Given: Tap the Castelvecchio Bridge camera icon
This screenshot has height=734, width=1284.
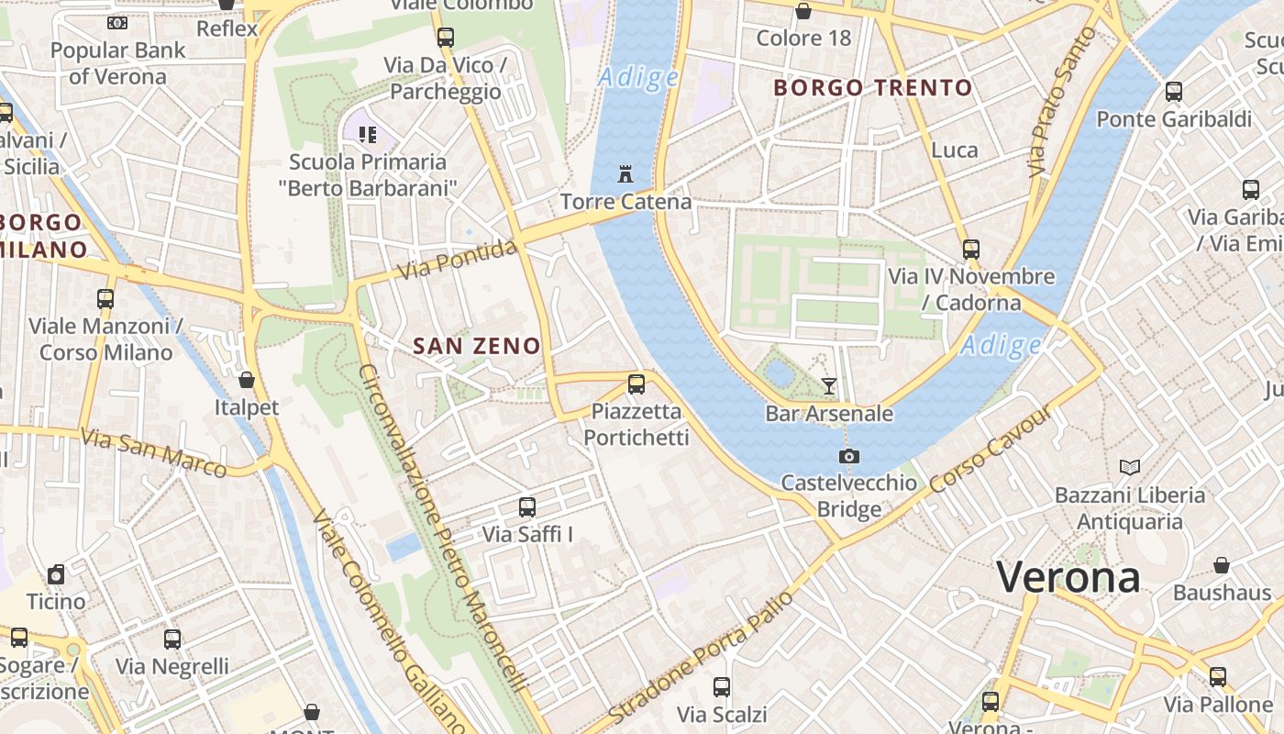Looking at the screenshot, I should click(849, 456).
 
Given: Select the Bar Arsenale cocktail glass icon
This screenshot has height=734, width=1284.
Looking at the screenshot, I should click(829, 386).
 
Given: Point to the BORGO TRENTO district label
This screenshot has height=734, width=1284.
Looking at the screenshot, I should click(872, 88).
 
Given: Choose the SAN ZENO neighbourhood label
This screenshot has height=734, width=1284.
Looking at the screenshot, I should click(476, 346).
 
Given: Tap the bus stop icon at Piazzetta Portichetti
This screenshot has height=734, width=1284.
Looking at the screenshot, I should click(636, 384).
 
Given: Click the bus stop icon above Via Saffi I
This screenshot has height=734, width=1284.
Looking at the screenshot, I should click(527, 506).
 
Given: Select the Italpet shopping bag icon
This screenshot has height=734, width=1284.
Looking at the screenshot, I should click(247, 380).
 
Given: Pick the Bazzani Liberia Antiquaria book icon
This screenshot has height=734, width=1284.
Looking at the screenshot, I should click(1130, 467).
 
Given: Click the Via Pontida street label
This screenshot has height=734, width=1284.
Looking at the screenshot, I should click(458, 261).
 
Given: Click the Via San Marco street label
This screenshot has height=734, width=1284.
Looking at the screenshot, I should click(153, 452).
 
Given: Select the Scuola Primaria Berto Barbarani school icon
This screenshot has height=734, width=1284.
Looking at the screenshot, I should click(368, 136).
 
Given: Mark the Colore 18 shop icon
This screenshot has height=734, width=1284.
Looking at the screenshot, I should click(803, 11).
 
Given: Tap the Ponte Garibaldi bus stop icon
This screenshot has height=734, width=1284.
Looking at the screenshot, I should click(1174, 92).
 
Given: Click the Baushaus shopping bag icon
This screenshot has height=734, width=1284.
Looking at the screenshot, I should click(1222, 565).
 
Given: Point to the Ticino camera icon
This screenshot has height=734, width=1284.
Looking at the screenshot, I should click(56, 574).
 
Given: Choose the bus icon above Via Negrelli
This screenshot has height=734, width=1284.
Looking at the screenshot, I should click(172, 639).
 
